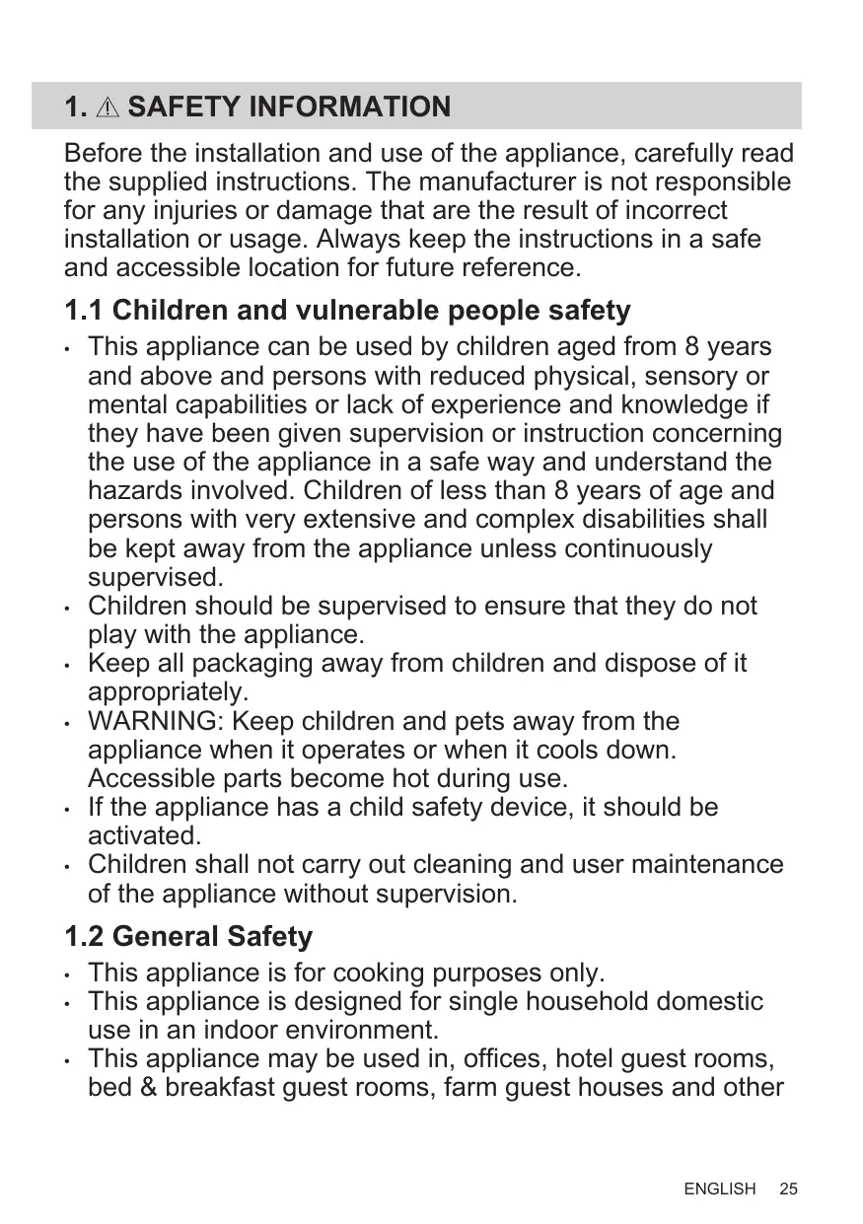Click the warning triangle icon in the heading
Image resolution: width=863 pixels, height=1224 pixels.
[108, 107]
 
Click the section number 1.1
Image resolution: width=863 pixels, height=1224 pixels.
[84, 311]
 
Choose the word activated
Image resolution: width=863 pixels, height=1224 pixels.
[144, 835]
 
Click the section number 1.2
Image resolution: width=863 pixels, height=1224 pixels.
[84, 936]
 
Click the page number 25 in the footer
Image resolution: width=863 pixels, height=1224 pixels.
[788, 1188]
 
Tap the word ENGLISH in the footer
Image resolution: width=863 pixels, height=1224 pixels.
[720, 1188]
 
